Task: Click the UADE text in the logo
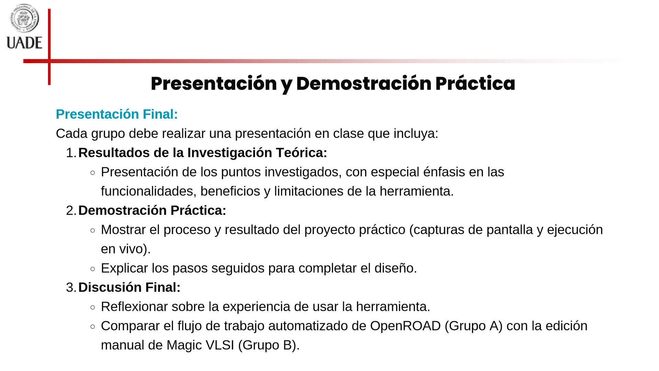pyautogui.click(x=24, y=43)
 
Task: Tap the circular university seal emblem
pyautogui.click(x=24, y=18)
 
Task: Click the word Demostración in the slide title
pyautogui.click(x=364, y=83)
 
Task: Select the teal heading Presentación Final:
pyautogui.click(x=117, y=114)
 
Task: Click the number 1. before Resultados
pyautogui.click(x=71, y=153)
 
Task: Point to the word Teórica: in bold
pyautogui.click(x=301, y=153)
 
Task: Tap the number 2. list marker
pyautogui.click(x=71, y=211)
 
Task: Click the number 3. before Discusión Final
pyautogui.click(x=71, y=288)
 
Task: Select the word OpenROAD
pyautogui.click(x=405, y=326)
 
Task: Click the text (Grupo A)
pyautogui.click(x=474, y=326)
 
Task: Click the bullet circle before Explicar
pyautogui.click(x=93, y=269)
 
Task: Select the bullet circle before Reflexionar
pyautogui.click(x=93, y=307)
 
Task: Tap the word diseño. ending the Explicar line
pyautogui.click(x=395, y=268)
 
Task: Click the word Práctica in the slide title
pyautogui.click(x=475, y=83)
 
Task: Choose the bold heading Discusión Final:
pyautogui.click(x=129, y=288)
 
